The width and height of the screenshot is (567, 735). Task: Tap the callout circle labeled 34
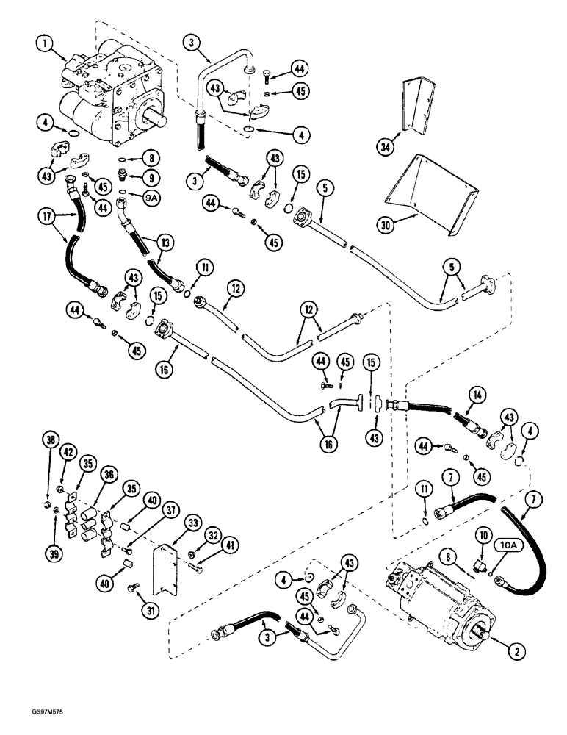point(386,147)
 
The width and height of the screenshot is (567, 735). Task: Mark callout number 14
point(480,395)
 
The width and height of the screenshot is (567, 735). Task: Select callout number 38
point(49,441)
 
